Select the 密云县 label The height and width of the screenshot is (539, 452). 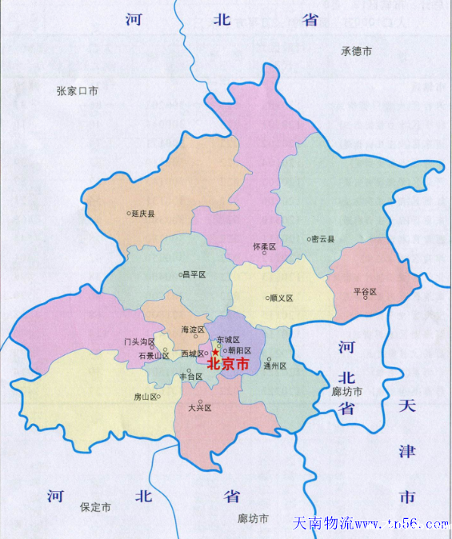[x=323, y=238]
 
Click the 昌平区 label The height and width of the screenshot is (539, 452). [x=194, y=274]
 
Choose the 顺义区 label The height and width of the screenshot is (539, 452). [x=281, y=298]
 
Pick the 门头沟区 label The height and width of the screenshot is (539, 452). [x=139, y=341]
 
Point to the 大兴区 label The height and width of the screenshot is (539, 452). [x=199, y=408]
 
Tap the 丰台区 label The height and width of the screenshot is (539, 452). [x=190, y=376]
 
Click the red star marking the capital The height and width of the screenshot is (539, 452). [x=215, y=352]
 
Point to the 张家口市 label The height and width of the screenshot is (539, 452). [x=78, y=91]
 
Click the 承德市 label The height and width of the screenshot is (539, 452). [x=357, y=51]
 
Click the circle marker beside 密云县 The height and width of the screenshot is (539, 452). [x=309, y=238]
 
